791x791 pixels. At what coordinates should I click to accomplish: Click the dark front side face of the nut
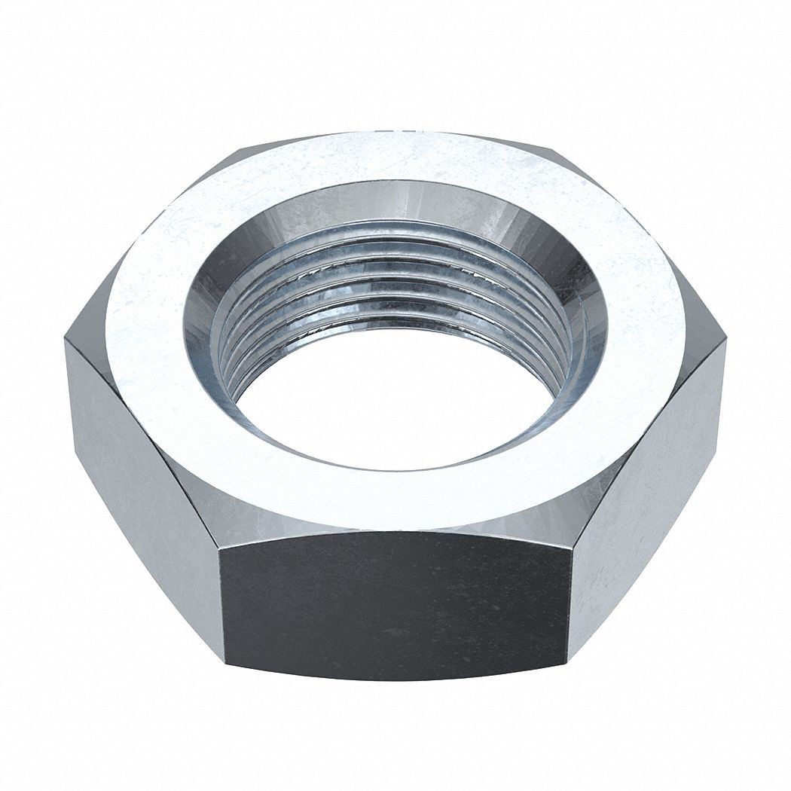(x=395, y=603)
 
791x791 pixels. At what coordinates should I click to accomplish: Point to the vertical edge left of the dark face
(x=219, y=595)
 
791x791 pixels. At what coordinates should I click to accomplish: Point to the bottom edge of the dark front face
(x=395, y=678)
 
